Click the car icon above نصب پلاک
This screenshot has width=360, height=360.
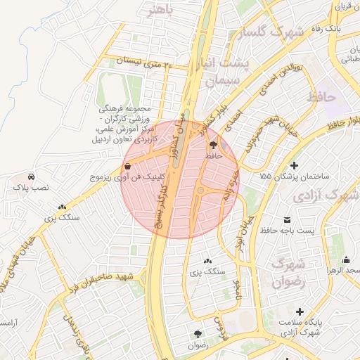[x=31, y=176]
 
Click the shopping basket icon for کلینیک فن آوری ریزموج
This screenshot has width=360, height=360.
[x=127, y=167]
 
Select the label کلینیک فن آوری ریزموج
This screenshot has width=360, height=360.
[x=120, y=179]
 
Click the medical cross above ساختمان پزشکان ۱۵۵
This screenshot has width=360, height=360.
[x=285, y=165]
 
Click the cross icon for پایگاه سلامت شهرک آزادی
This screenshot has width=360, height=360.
[x=300, y=311]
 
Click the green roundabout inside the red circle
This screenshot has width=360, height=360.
[x=200, y=190]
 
